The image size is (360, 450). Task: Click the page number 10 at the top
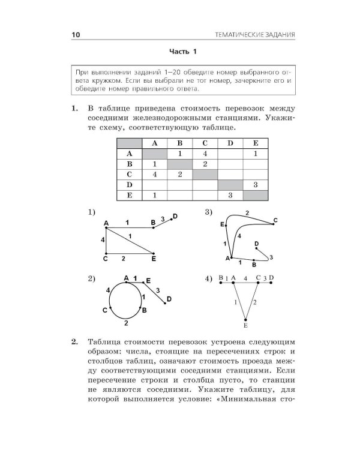[75, 35]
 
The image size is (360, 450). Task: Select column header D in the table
[230, 143]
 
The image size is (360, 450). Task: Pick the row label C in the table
[128, 174]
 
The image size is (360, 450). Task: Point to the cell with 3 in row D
[256, 184]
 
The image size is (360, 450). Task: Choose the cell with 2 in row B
[205, 164]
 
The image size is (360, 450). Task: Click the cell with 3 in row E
[230, 195]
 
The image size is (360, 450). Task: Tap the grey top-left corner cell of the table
[128, 143]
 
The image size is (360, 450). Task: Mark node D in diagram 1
[175, 216]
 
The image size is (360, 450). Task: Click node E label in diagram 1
[154, 259]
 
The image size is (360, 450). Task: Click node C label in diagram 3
[275, 220]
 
